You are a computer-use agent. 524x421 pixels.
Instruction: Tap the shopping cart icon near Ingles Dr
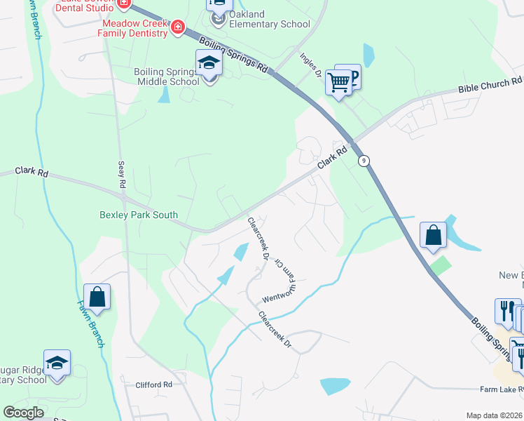[x=339, y=83]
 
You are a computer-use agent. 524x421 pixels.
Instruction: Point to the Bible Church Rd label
[x=490, y=84]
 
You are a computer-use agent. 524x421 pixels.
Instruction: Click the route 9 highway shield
[x=364, y=161]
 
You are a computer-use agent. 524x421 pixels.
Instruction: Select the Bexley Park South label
[x=139, y=215]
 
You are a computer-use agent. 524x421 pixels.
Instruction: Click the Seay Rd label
[x=120, y=174]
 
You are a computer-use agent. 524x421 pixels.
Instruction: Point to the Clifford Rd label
[x=153, y=385]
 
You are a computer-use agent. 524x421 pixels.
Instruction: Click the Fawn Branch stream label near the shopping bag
[x=90, y=323]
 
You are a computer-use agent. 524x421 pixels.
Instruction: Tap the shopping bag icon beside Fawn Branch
[x=97, y=297]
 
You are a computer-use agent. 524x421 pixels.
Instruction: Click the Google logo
[x=23, y=413]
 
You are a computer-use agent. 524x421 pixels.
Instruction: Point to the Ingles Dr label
[x=310, y=64]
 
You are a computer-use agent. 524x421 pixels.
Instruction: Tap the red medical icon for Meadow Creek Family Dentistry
[x=178, y=27]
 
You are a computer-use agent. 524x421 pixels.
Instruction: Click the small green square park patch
[x=441, y=265]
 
